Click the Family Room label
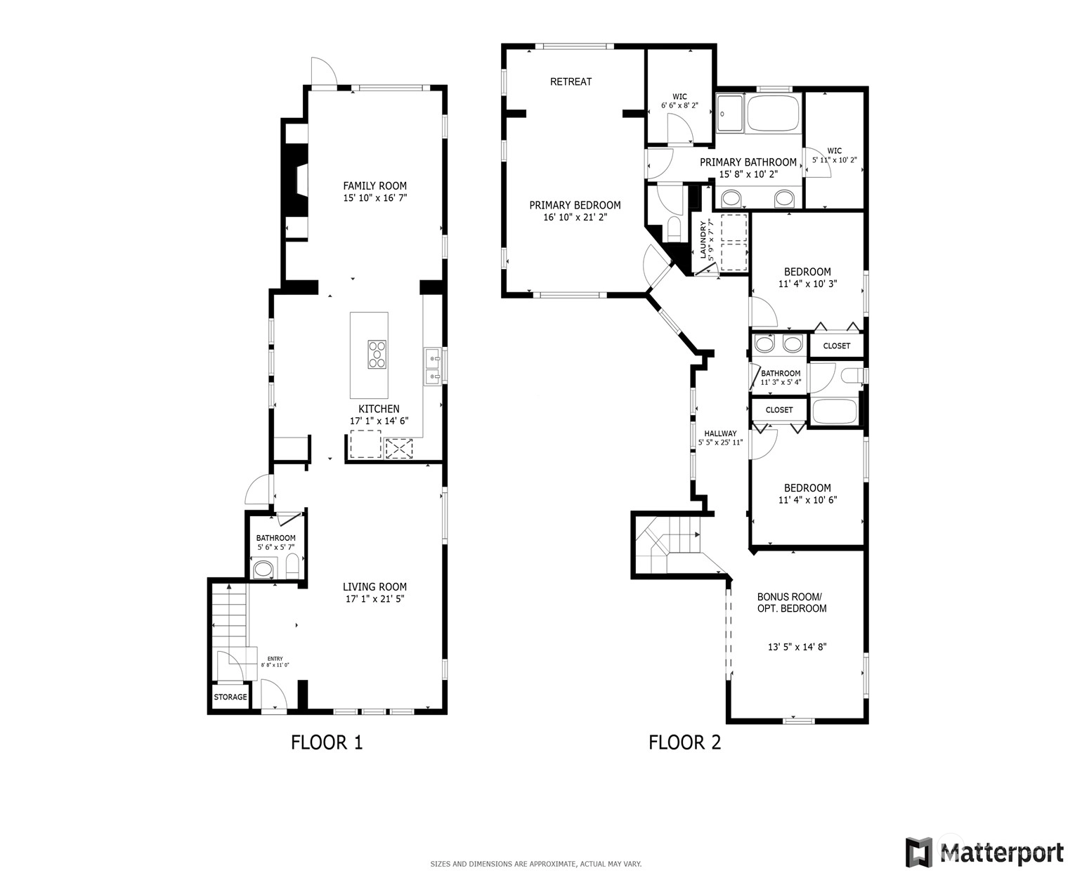tap(374, 186)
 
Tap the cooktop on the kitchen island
tap(377, 354)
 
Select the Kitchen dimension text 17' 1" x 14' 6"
tap(379, 421)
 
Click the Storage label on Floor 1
tap(230, 697)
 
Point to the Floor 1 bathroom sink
tap(263, 569)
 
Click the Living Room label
tap(374, 586)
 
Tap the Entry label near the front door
tap(275, 659)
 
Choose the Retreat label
tap(571, 81)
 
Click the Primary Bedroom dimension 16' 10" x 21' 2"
tap(575, 217)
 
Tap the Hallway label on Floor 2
tap(720, 433)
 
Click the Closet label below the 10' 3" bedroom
tap(836, 346)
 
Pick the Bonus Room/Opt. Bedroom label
tap(792, 603)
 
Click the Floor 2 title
tap(684, 742)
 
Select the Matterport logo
tap(984, 852)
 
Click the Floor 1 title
tap(327, 742)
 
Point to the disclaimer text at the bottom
tap(535, 864)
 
